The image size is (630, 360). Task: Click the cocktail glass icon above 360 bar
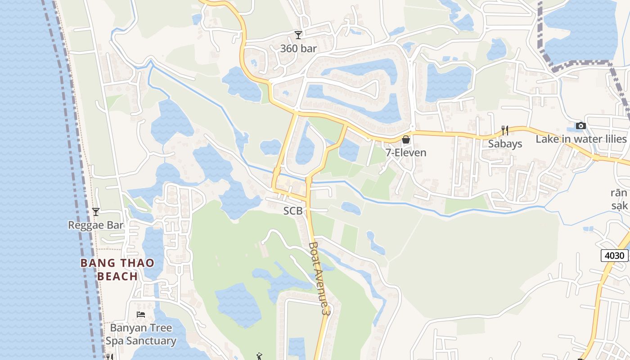tap(298, 35)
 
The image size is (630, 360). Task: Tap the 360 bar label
tap(298, 48)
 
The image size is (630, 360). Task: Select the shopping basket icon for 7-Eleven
tap(406, 139)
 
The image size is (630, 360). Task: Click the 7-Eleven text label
tap(406, 153)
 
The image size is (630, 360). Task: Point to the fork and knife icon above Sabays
tap(505, 130)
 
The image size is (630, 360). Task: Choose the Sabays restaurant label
tap(505, 144)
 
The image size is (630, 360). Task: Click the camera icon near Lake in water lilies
tap(581, 126)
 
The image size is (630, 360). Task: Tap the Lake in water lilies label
tap(581, 139)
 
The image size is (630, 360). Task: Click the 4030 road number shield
tap(614, 256)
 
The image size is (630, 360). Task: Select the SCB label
tap(292, 211)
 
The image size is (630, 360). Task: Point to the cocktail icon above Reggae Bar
tap(95, 211)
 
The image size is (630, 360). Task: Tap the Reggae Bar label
tap(95, 225)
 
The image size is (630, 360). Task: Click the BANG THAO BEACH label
tap(117, 269)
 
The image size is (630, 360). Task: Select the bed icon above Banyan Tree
tap(141, 314)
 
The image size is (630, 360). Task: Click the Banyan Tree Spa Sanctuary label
tap(141, 334)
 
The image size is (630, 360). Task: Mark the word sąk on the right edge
tap(619, 206)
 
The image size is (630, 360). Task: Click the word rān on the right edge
tap(619, 193)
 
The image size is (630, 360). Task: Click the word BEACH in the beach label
tap(117, 276)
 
